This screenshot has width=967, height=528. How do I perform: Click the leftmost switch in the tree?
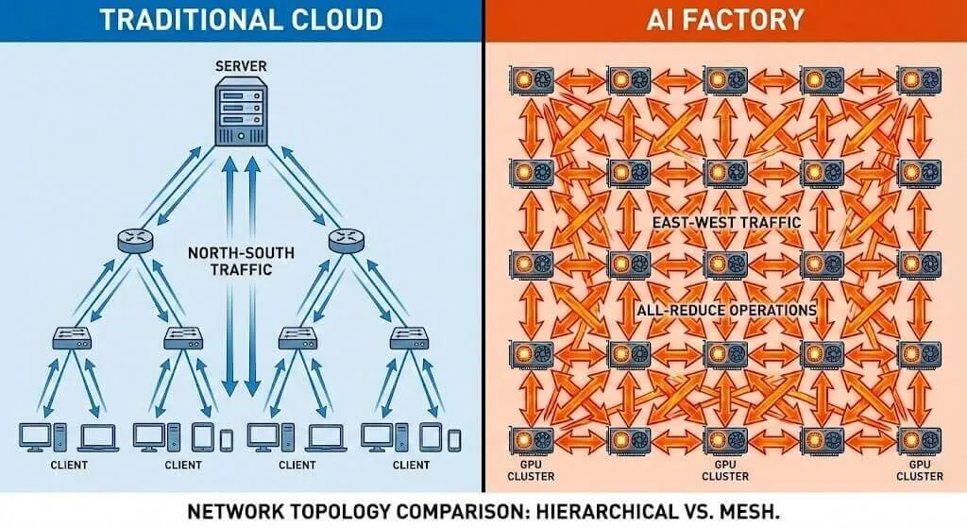point(70,334)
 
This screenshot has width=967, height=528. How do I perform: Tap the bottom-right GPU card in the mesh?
point(917,441)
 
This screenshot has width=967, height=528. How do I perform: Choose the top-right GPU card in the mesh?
point(917,79)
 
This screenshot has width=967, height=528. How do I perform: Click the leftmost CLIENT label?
point(69,464)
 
